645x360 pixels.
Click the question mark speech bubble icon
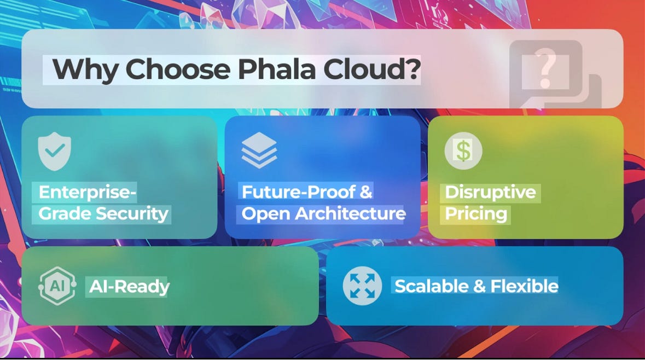[554, 73]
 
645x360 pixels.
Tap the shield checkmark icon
[54, 152]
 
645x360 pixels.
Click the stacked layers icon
[259, 149]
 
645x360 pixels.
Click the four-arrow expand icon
[362, 286]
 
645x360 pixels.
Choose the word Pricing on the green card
[476, 213]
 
